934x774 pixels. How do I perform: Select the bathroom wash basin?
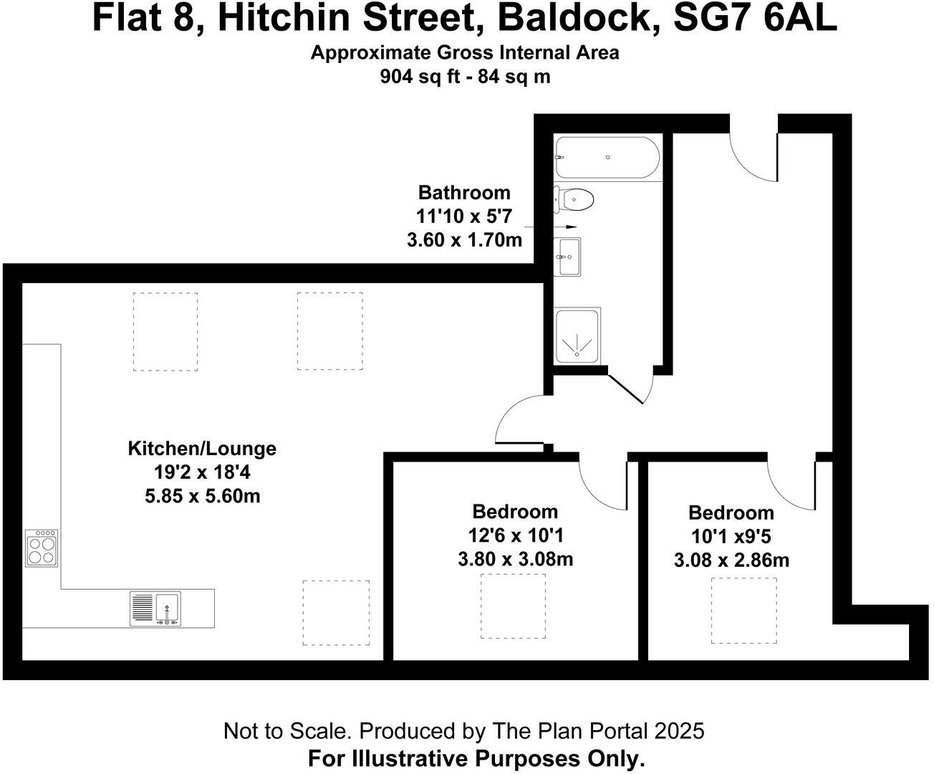[570, 256]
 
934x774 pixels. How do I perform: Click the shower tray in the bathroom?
[577, 336]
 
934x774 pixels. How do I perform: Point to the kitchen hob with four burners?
[42, 549]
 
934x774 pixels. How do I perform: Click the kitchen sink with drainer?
[155, 608]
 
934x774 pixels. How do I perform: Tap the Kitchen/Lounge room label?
[202, 449]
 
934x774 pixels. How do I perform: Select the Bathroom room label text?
[464, 192]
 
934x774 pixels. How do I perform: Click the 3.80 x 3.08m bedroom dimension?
[515, 559]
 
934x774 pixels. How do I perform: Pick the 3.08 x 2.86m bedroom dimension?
[731, 560]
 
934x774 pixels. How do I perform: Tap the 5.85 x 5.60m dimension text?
[202, 495]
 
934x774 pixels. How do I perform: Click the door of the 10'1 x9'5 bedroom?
[791, 484]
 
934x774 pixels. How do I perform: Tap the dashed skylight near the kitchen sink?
[336, 612]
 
